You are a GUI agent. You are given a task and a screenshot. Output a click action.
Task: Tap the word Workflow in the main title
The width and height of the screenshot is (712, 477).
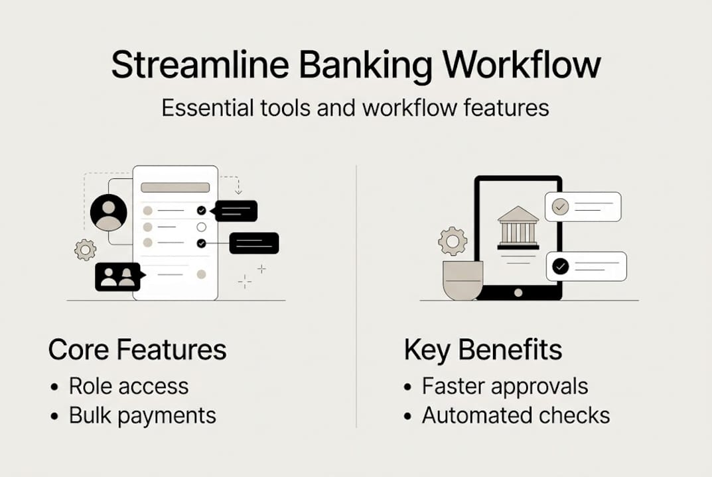(522, 65)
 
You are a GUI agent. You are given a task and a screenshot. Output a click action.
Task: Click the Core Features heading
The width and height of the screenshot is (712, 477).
(137, 350)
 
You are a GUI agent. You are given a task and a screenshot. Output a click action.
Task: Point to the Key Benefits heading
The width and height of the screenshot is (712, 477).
(483, 350)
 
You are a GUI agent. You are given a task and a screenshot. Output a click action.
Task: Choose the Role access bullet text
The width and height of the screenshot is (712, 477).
(129, 386)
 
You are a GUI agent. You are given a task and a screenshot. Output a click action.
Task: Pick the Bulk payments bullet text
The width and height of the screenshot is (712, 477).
(143, 415)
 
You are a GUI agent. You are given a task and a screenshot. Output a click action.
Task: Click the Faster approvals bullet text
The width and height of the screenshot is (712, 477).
(505, 386)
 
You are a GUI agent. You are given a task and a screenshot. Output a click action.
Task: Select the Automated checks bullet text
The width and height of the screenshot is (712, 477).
(516, 415)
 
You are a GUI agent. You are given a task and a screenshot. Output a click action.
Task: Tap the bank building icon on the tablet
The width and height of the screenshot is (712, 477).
(518, 227)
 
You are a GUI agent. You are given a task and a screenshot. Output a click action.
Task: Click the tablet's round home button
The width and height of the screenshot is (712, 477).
(518, 291)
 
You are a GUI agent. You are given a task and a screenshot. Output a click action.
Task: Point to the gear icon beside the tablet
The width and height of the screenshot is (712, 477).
(453, 241)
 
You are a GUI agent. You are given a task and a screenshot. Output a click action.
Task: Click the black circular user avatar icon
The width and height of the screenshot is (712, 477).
(108, 212)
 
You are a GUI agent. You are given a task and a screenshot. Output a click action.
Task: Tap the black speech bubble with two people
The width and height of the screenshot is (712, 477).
(117, 277)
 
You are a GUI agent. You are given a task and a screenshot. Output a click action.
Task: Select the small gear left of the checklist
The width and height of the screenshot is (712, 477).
(86, 250)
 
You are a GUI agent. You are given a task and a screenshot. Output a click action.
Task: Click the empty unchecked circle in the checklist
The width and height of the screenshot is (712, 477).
(202, 227)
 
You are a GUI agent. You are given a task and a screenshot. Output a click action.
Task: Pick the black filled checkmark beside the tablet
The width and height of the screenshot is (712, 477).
(561, 266)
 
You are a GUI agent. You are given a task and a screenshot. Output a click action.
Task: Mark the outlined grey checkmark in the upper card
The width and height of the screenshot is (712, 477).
(561, 207)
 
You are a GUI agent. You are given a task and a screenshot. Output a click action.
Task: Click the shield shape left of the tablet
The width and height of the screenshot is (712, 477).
(463, 280)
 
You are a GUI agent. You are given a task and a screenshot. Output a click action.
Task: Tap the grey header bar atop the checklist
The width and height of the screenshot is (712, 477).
(175, 187)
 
